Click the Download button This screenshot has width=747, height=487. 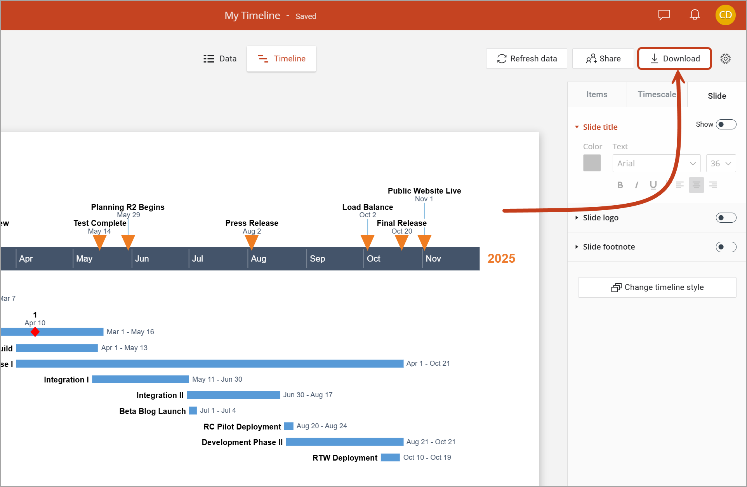click(x=674, y=59)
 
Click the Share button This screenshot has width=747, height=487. click(x=603, y=59)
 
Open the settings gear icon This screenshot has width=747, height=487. click(x=725, y=59)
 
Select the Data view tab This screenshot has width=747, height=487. click(x=220, y=59)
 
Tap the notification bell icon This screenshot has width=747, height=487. click(x=695, y=15)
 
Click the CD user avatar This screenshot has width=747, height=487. click(x=725, y=15)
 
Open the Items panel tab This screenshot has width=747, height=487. click(x=597, y=94)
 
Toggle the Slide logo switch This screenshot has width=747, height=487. click(x=726, y=218)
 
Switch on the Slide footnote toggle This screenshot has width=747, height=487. click(x=726, y=247)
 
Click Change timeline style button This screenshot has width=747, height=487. click(x=657, y=287)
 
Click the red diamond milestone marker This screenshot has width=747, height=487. click(x=35, y=332)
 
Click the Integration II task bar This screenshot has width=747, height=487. click(x=233, y=395)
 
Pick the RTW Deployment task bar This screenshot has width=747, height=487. click(x=390, y=457)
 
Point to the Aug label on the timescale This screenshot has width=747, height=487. click(x=259, y=258)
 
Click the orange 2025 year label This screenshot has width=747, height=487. click(x=501, y=258)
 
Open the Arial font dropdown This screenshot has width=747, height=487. click(x=656, y=163)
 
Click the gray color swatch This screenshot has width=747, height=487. click(x=592, y=163)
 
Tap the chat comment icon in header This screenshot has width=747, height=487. click(x=664, y=15)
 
